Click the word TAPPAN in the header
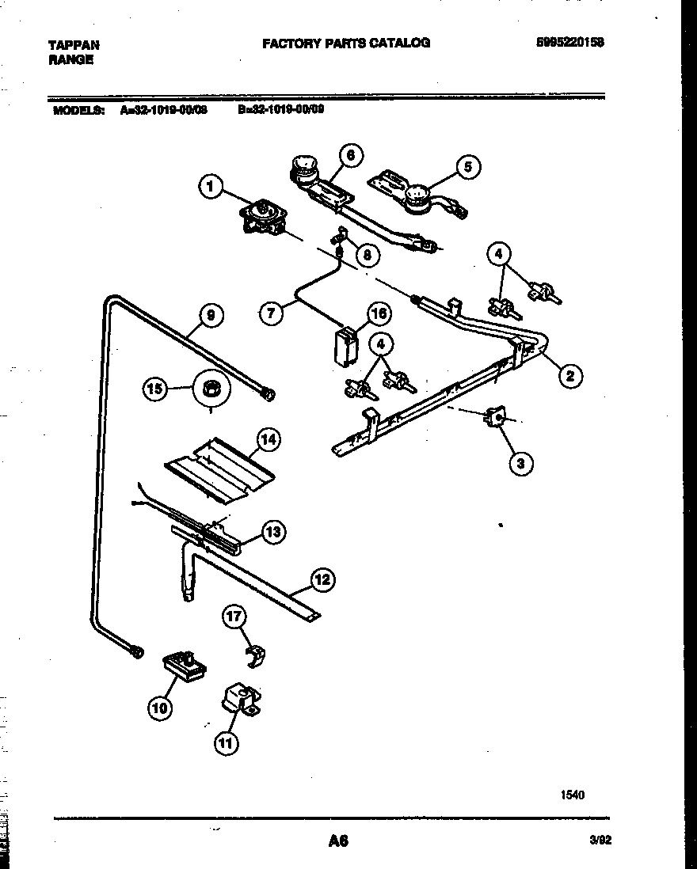click(74, 46)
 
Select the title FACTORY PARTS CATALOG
click(346, 44)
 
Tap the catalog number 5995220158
click(569, 44)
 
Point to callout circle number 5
click(467, 166)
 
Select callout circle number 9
click(210, 316)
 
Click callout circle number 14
click(269, 440)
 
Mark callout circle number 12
click(321, 580)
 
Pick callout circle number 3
click(520, 464)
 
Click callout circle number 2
click(569, 376)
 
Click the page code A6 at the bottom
click(338, 841)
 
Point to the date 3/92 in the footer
click(600, 841)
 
